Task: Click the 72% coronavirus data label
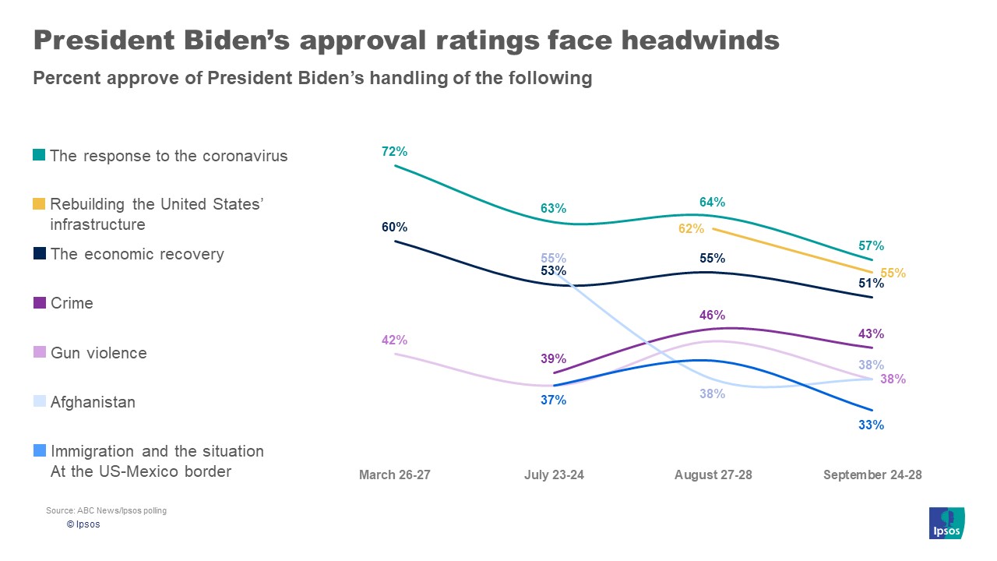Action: [395, 151]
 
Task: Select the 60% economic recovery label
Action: [395, 228]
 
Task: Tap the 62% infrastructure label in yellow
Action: [691, 229]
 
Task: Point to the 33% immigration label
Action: [872, 425]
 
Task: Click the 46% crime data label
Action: [713, 315]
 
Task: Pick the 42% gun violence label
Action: [395, 340]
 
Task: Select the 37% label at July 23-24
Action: [554, 400]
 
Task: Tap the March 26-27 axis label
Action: [394, 475]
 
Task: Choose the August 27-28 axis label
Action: [713, 475]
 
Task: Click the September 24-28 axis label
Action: [872, 475]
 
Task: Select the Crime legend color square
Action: [39, 304]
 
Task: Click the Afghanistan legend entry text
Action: [93, 402]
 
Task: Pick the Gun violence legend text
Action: [98, 353]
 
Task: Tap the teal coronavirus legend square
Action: [39, 156]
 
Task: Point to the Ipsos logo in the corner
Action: [946, 523]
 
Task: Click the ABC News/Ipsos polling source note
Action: [106, 511]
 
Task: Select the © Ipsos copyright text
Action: [83, 524]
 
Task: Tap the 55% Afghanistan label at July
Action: [554, 258]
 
